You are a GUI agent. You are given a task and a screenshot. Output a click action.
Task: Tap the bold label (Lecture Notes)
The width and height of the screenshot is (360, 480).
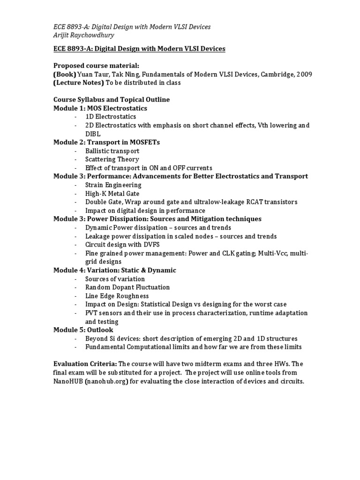(x=78, y=83)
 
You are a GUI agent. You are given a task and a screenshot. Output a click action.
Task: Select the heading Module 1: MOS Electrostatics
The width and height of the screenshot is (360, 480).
(x=100, y=108)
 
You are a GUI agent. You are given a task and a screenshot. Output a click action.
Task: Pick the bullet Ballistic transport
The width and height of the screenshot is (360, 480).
(x=112, y=151)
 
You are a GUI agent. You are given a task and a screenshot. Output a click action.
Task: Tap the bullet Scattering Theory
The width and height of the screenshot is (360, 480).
(x=112, y=159)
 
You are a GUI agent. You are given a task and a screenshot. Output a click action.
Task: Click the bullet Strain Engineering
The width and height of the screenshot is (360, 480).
(x=113, y=185)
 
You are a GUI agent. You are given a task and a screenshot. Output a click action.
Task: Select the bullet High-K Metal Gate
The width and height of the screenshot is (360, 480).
(x=112, y=194)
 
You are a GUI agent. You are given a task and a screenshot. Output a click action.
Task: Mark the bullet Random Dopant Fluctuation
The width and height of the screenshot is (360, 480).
(x=127, y=287)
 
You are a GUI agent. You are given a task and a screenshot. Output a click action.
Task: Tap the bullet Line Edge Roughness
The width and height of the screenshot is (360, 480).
(x=117, y=296)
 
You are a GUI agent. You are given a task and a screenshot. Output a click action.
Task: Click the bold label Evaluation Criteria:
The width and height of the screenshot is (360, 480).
(x=85, y=364)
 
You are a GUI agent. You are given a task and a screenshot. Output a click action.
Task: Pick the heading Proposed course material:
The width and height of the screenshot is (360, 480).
(x=96, y=66)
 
